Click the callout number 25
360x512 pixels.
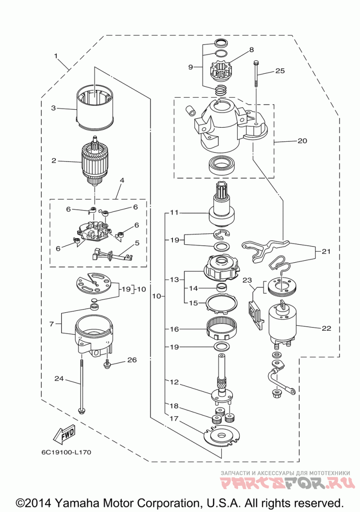pos(280,71)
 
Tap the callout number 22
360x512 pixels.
pos(327,328)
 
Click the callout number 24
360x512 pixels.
pos(59,379)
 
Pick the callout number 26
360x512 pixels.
pos(131,360)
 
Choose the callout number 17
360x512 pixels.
pos(173,418)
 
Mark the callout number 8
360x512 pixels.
pos(251,49)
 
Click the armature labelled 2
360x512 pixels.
pos(94,162)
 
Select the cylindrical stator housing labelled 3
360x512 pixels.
pos(94,108)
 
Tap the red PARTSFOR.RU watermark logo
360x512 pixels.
pos(285,485)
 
